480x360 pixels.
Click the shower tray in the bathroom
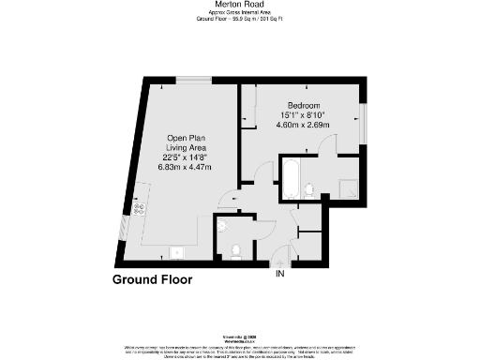coord(347,187)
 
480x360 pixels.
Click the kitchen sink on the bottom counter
coord(175,251)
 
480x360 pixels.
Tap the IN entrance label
coord(279,274)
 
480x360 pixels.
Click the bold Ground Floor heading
coord(152,279)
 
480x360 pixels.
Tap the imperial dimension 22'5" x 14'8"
coord(187,157)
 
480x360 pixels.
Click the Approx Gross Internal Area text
coord(239,12)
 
